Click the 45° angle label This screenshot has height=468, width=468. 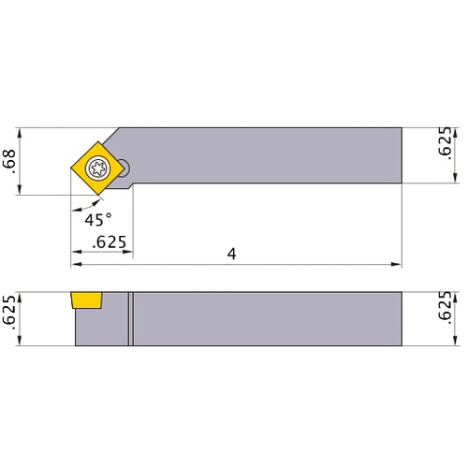98,220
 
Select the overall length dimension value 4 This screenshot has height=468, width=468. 231,254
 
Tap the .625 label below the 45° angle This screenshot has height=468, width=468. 110,242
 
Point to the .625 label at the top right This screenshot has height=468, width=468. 445,141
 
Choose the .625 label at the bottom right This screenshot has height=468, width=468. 445,307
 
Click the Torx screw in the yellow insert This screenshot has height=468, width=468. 98,168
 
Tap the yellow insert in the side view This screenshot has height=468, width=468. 86,300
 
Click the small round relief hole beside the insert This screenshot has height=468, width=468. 124,168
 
